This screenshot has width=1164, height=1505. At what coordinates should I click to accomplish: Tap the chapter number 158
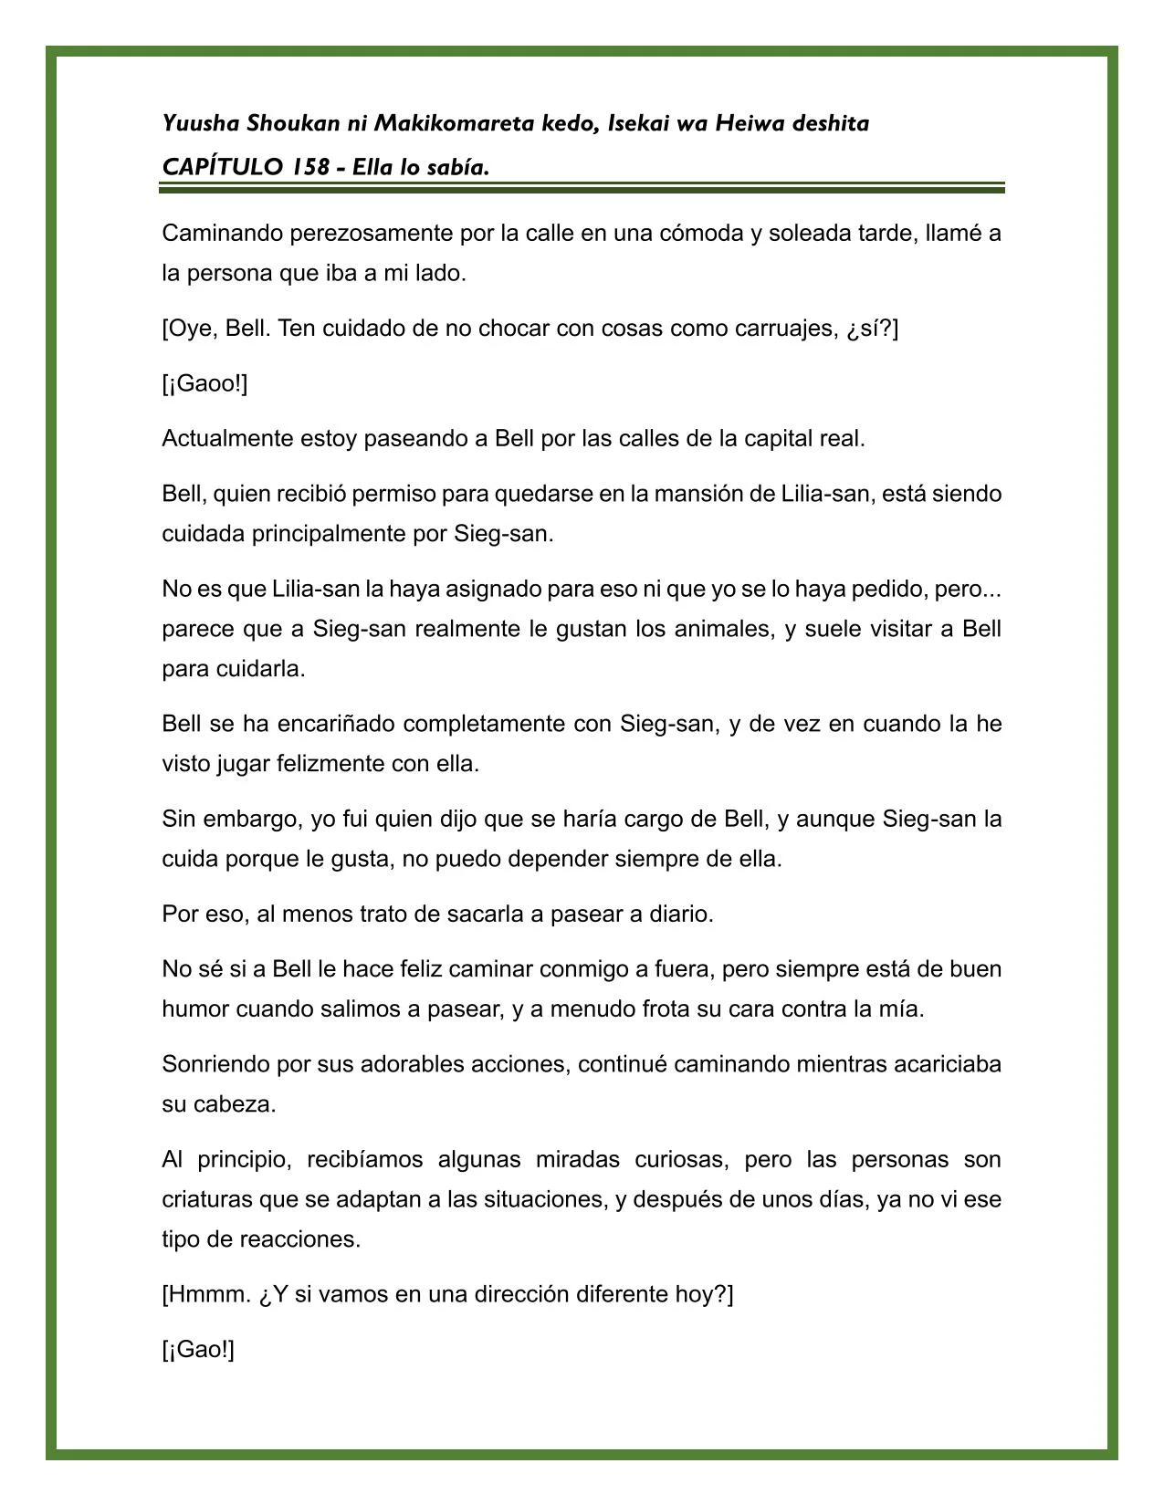click(310, 168)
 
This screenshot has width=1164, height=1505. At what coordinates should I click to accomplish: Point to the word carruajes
click(785, 329)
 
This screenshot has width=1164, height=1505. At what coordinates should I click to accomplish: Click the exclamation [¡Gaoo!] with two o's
click(204, 383)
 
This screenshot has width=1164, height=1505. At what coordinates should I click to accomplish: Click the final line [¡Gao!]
click(198, 1350)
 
